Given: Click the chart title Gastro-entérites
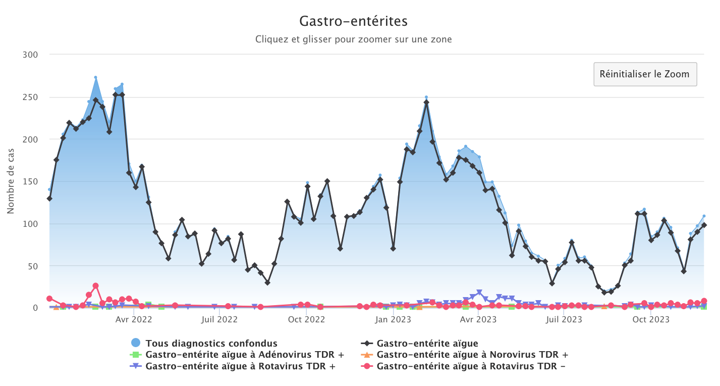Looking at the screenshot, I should pyautogui.click(x=353, y=21).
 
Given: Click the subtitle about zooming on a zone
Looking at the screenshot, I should pyautogui.click(x=353, y=39).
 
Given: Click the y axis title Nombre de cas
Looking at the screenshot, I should pyautogui.click(x=11, y=181).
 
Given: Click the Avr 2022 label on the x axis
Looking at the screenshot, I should pyautogui.click(x=134, y=319).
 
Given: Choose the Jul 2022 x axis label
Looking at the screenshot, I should pyautogui.click(x=219, y=319).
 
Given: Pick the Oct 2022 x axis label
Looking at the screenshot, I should pyautogui.click(x=307, y=319).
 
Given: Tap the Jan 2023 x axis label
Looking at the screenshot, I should pyautogui.click(x=393, y=319).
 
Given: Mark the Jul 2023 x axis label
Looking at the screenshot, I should pyautogui.click(x=565, y=319).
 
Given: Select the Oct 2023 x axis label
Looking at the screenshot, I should pyautogui.click(x=651, y=319).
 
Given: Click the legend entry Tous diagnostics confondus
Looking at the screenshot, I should pyautogui.click(x=211, y=344).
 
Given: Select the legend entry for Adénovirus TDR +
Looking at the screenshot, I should pyautogui.click(x=244, y=355).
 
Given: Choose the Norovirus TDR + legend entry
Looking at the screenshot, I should pyautogui.click(x=472, y=355).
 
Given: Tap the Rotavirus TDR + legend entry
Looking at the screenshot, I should pyautogui.click(x=240, y=366).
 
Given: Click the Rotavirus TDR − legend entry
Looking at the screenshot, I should pyautogui.click(x=471, y=366).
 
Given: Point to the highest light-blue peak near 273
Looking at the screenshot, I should pyautogui.click(x=95, y=77).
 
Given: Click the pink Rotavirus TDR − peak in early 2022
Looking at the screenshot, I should pyautogui.click(x=95, y=286).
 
